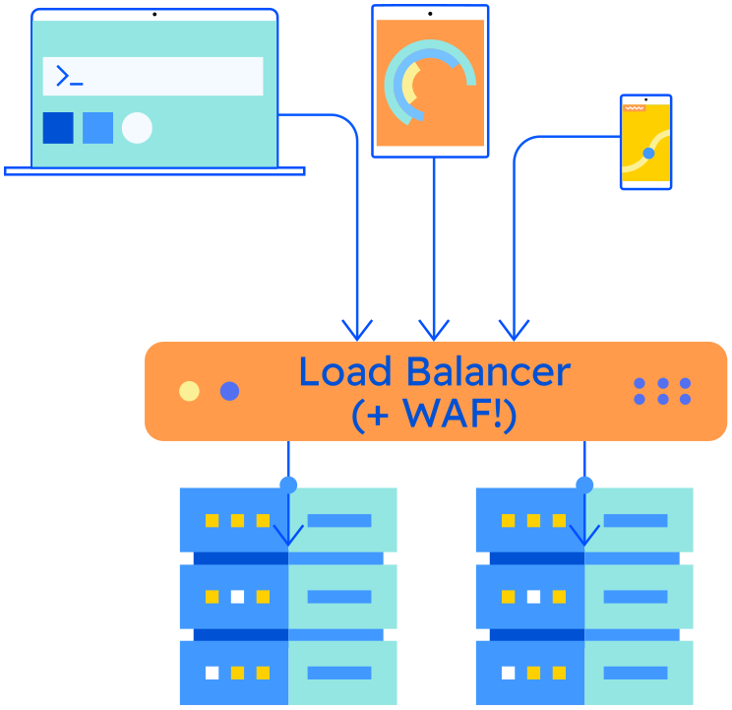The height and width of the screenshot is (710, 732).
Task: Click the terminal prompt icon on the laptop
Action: [68, 76]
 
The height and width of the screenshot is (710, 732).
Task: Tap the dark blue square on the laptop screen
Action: [58, 128]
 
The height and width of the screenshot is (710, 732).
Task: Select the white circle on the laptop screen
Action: [137, 128]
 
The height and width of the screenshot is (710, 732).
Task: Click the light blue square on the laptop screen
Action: [97, 128]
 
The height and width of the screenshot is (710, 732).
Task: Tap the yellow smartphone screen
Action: [646, 144]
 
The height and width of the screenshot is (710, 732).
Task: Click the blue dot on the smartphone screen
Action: [648, 153]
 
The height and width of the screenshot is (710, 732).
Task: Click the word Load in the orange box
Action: [346, 372]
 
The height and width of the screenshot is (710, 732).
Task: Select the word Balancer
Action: [487, 372]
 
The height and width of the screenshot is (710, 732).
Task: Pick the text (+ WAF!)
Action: [433, 415]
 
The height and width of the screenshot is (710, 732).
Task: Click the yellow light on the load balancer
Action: [189, 391]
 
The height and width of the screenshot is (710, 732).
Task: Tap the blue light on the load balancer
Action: [229, 391]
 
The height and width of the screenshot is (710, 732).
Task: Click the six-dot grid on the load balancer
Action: [662, 391]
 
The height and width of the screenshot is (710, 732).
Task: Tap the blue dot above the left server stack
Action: [288, 484]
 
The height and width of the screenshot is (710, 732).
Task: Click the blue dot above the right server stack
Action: [584, 484]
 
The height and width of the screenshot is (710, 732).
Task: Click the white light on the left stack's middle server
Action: [237, 597]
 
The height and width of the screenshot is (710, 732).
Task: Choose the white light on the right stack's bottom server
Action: [508, 674]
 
